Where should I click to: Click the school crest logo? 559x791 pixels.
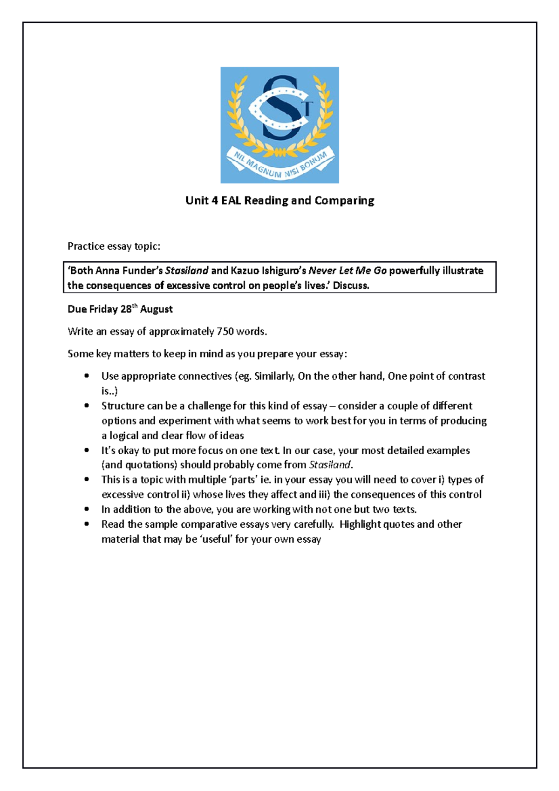(279, 125)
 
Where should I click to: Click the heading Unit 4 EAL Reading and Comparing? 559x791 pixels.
(279, 201)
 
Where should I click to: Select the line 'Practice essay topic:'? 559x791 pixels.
(114, 246)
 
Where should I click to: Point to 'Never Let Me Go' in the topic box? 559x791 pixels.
(348, 271)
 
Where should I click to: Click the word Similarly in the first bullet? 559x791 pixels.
(274, 376)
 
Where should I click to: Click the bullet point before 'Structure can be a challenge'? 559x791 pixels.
(87, 406)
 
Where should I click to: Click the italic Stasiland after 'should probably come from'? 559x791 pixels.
(330, 465)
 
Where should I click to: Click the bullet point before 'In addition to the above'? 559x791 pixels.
(87, 510)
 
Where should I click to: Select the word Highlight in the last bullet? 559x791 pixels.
(360, 525)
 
